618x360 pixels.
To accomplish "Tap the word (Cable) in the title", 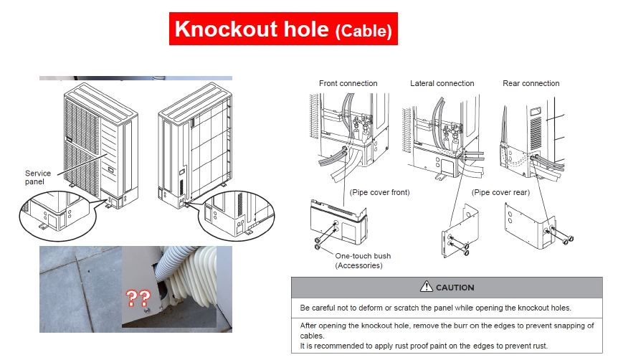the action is click(x=363, y=31).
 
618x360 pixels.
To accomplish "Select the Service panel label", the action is click(x=38, y=177).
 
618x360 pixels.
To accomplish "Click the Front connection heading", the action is click(x=348, y=83).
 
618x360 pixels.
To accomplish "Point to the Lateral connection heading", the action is click(x=442, y=83).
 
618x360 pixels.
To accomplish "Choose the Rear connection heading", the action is click(x=531, y=83).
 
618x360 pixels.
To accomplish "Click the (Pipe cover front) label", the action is click(x=379, y=192).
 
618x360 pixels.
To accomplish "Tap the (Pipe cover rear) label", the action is click(x=500, y=192).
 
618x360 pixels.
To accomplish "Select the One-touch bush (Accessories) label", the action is click(x=363, y=260).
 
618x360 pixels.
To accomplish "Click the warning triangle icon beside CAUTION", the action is click(x=426, y=287).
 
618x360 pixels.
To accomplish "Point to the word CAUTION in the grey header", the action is click(x=455, y=288).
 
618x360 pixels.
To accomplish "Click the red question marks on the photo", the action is click(x=138, y=298).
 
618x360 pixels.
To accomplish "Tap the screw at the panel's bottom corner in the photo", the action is click(x=147, y=311).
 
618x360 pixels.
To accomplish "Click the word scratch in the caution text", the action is click(x=407, y=308).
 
